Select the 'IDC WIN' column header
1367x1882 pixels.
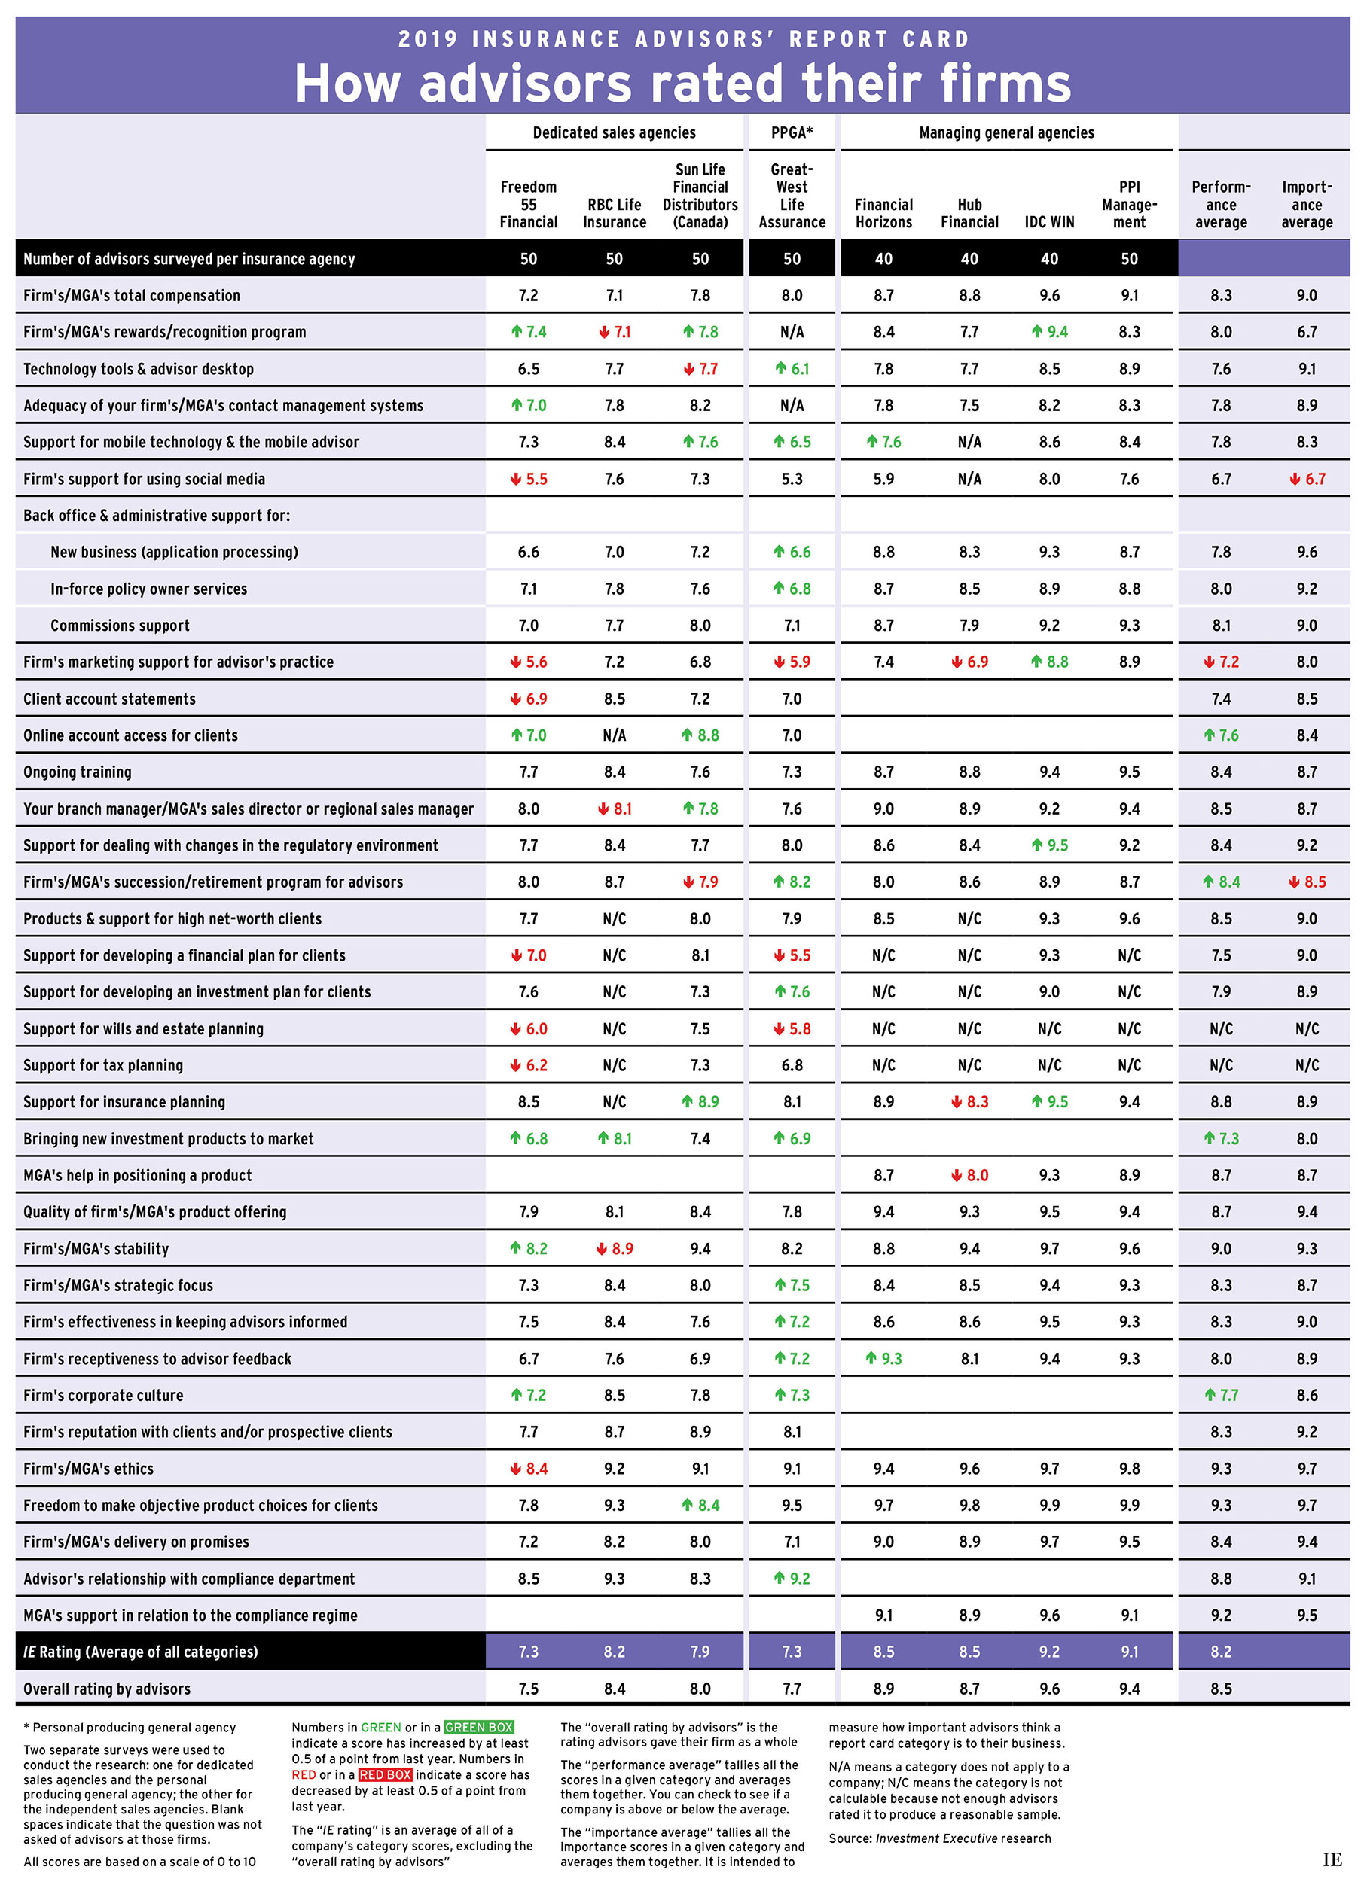tap(1049, 221)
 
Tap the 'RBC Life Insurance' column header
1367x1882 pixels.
tap(614, 213)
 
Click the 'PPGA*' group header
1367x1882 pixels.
tap(792, 132)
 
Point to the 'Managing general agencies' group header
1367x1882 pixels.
tap(1006, 132)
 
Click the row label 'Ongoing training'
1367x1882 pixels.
tap(77, 772)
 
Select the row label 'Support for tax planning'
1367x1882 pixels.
tap(103, 1064)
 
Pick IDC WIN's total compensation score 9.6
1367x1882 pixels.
tap(1049, 295)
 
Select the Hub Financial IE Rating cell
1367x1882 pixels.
tap(969, 1652)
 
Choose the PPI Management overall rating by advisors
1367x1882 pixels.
tap(1129, 1688)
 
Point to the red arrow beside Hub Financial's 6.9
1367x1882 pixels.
tap(957, 662)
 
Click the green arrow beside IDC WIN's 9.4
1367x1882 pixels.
tap(1036, 332)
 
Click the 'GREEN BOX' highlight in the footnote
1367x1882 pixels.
tap(478, 1727)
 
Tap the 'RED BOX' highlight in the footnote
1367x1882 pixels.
tap(385, 1774)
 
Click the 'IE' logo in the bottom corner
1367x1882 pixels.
tap(1332, 1859)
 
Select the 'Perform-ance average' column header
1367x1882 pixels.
tap(1221, 204)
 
